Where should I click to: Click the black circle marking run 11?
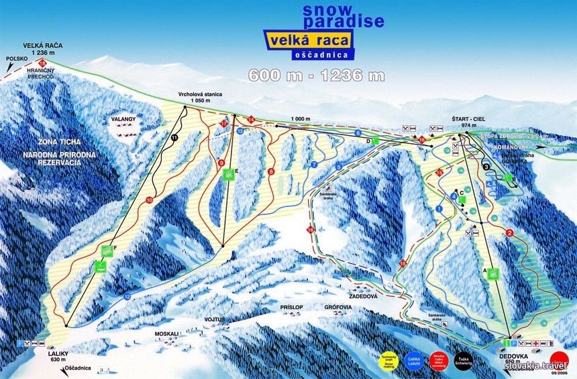pos(174,137)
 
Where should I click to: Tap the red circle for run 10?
pos(148,200)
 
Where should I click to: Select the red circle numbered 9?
pos(221,162)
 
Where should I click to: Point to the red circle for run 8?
pos(271,172)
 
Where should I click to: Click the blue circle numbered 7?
pos(313,164)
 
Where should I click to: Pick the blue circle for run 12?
pos(127,296)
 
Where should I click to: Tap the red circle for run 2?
pos(510,233)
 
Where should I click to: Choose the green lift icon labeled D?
pos(376,140)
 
